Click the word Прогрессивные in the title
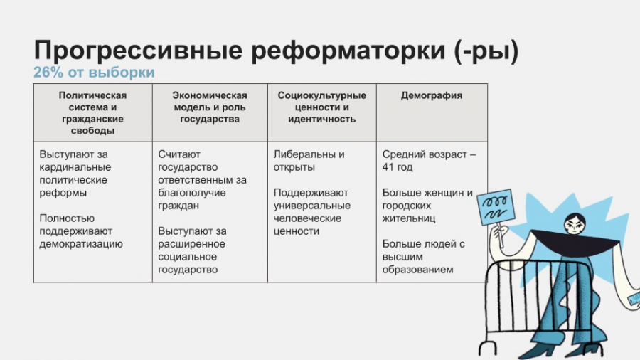click(138, 51)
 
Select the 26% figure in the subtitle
click(48, 73)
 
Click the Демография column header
click(432, 95)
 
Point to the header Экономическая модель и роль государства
click(210, 107)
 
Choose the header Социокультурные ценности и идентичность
click(321, 107)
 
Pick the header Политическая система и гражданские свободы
click(92, 113)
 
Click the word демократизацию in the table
click(81, 244)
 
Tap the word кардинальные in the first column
click(75, 167)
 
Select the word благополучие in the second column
click(192, 193)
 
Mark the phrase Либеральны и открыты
click(309, 161)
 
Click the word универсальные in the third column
click(312, 206)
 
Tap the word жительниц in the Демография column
click(409, 218)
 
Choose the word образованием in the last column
click(417, 270)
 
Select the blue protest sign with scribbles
click(496, 207)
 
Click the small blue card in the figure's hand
click(635, 300)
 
